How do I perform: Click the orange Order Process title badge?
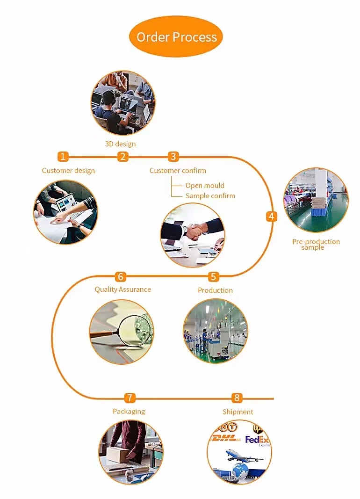tap(176, 37)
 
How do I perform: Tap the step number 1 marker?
tap(64, 157)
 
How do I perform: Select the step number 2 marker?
tap(123, 157)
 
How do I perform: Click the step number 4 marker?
tap(272, 217)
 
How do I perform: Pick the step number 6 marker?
tap(121, 277)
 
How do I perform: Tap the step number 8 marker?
tap(237, 398)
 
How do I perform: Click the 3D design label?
tap(120, 144)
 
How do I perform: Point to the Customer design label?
tap(68, 171)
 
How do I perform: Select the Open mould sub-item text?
tap(205, 186)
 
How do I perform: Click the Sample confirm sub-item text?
tap(210, 196)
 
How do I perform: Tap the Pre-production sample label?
tap(316, 244)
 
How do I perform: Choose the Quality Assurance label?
tap(122, 289)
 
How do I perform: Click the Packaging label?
tap(129, 412)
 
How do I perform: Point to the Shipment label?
tap(238, 412)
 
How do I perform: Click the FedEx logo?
tap(257, 440)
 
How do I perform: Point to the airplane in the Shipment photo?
tap(244, 454)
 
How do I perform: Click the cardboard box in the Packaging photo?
tap(121, 453)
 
